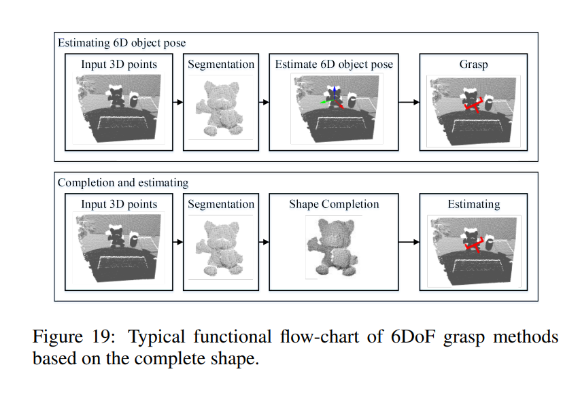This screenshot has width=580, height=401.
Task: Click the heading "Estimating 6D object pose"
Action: pos(122,43)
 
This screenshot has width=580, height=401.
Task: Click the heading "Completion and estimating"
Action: pos(123,182)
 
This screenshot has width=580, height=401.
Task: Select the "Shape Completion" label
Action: pos(334,204)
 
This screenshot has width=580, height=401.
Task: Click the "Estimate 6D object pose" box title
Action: pos(334,65)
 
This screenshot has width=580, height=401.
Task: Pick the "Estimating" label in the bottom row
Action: pos(473,204)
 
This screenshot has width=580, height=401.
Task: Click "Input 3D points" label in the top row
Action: pos(119,65)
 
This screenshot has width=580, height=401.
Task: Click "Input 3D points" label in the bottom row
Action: pos(119,204)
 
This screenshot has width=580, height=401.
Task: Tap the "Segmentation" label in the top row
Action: pos(221,65)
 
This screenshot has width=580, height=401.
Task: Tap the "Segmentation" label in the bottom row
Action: pos(221,204)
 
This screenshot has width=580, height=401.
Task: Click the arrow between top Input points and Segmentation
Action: pos(177,102)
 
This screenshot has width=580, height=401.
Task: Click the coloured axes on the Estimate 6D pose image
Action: pos(332,97)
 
